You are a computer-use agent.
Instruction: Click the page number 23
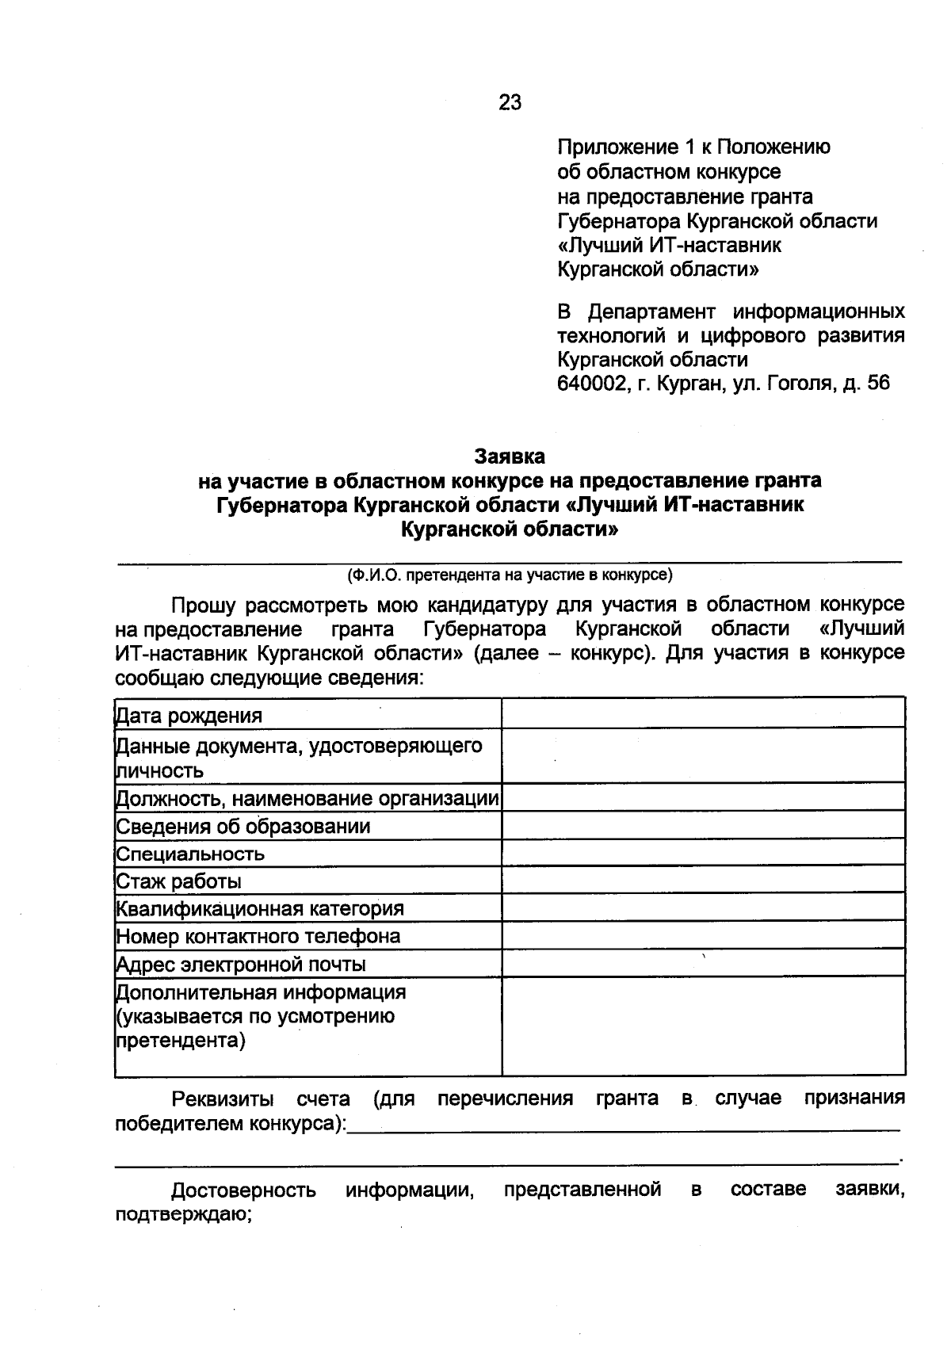coord(510,102)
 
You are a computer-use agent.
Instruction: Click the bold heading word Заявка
coord(510,457)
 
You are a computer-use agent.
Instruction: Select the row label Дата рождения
coord(189,716)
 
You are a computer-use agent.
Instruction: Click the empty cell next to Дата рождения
coord(703,713)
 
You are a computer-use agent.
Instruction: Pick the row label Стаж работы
coord(179,881)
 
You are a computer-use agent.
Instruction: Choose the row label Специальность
coord(190,854)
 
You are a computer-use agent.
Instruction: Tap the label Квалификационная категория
coord(260,908)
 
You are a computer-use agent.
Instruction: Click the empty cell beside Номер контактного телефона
coord(703,935)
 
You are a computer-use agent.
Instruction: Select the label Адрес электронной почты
coord(241,965)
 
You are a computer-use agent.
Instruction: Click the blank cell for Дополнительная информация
coord(703,1026)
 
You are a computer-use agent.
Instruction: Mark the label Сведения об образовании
coord(243,827)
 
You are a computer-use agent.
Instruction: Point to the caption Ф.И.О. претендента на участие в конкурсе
coord(509,575)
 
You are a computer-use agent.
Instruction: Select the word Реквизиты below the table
coord(223,1099)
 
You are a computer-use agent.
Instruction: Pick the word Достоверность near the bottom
coord(243,1190)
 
